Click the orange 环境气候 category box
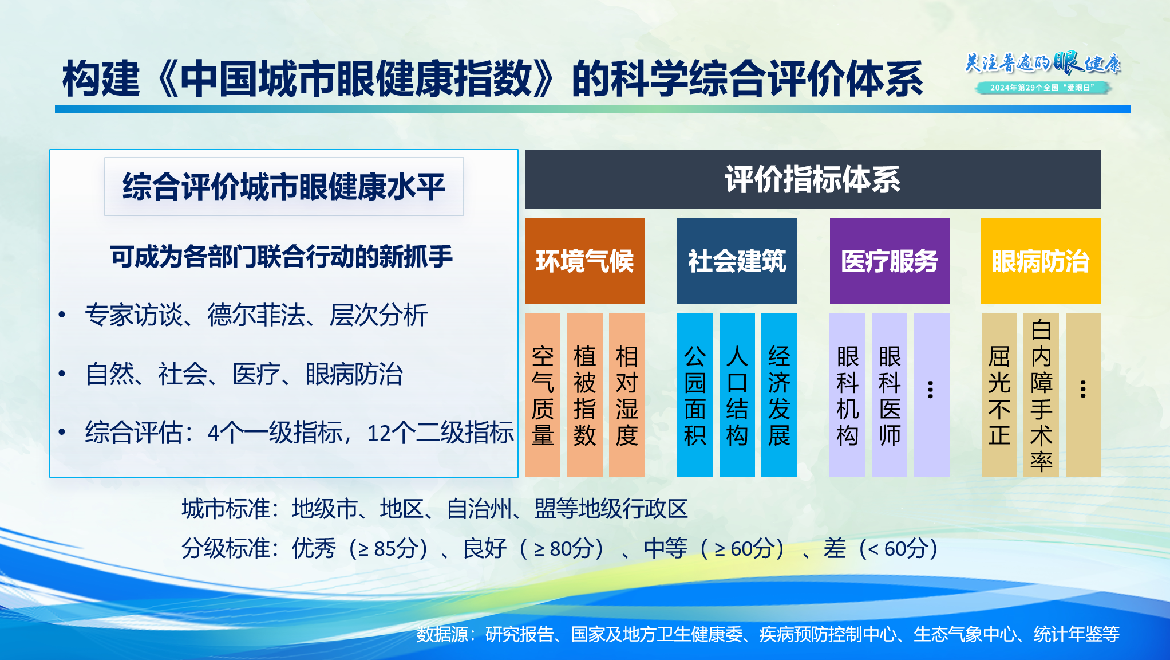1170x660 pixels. coord(584,261)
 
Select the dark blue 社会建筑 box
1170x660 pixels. coord(737,261)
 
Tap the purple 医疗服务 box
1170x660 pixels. coord(890,261)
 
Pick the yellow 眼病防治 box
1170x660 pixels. coord(1041,261)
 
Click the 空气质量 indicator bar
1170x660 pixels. coord(543,395)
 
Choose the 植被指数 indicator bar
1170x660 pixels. coord(584,395)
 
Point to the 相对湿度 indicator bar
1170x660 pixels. coord(627,395)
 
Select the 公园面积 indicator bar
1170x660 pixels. coord(695,395)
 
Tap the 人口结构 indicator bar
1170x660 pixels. coord(737,395)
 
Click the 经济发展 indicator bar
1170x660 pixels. coord(779,395)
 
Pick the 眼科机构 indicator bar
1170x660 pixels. coord(847,395)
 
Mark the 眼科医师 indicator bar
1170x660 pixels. coord(890,395)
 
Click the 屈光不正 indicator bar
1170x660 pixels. coord(999,395)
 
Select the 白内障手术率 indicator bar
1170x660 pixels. coord(1041,395)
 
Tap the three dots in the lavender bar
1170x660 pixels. coord(931,390)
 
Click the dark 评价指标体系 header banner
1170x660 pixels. coord(813,179)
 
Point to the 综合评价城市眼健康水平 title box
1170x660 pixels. coord(284,187)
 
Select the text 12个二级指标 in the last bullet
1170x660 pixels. coord(440,433)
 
